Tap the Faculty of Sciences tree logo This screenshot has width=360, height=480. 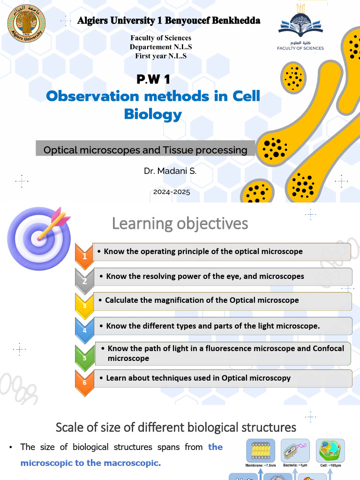click(x=300, y=23)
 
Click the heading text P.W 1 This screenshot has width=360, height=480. click(x=153, y=79)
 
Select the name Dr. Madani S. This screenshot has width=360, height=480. click(x=170, y=171)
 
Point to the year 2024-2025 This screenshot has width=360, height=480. click(x=172, y=192)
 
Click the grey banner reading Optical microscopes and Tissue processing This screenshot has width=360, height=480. click(x=145, y=150)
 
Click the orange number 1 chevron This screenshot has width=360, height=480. click(x=84, y=256)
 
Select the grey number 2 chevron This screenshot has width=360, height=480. click(x=84, y=280)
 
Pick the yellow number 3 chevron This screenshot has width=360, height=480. click(x=84, y=305)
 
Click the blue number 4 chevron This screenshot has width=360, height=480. click(x=84, y=330)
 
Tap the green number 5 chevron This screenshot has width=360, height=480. click(x=84, y=357)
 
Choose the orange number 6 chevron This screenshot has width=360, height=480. click(x=84, y=382)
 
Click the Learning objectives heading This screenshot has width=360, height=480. click(x=180, y=224)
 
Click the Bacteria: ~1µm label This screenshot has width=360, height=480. click(x=295, y=465)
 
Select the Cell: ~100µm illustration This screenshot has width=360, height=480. click(x=330, y=451)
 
